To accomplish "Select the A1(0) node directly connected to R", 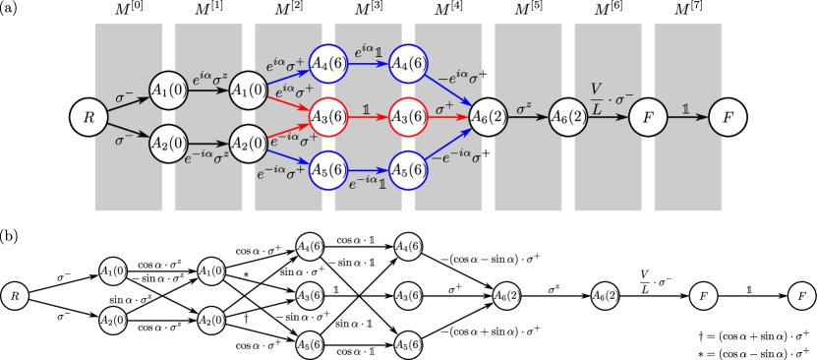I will pos(168,90).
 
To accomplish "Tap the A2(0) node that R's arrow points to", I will pos(168,144).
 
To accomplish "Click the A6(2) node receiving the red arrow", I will pos(488,117).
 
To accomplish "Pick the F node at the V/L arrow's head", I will pos(648,117).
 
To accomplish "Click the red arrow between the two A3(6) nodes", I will pos(368,117).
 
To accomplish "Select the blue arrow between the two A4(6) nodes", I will pos(368,64).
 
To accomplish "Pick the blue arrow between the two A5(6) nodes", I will pos(368,169).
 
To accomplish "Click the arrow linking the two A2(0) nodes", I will pos(207,144).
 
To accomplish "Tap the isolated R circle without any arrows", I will pos(14,295).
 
